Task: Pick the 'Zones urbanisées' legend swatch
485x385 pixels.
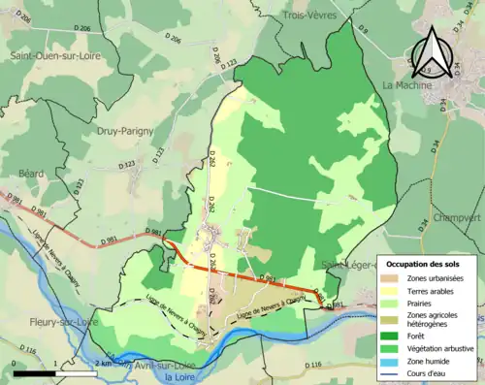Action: (x=395, y=278)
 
